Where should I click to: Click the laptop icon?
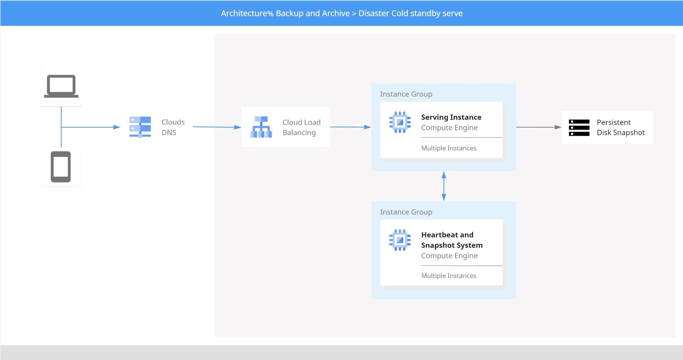coord(61,86)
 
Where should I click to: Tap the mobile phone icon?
coord(61,167)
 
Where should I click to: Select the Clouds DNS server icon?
coord(140,127)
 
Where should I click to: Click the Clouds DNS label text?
coord(173,127)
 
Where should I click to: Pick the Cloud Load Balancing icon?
coord(261,127)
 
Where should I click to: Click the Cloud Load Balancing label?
coord(301,127)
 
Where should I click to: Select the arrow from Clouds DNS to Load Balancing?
coord(217,127)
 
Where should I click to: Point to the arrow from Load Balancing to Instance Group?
coord(350,127)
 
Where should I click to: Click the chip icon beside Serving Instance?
coord(400,122)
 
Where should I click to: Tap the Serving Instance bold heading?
coord(451,117)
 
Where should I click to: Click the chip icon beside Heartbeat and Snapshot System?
coord(400,240)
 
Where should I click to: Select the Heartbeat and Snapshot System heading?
coord(452,240)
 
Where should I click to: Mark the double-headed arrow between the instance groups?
coord(444,186)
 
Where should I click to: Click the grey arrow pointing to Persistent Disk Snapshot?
coord(539,127)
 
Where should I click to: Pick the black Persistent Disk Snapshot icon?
coord(579,128)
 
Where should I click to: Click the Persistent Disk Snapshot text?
coord(621,127)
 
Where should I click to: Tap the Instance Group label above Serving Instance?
coord(406,94)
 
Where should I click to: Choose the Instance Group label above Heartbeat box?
coord(406,212)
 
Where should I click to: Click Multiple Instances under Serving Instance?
coord(449,148)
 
